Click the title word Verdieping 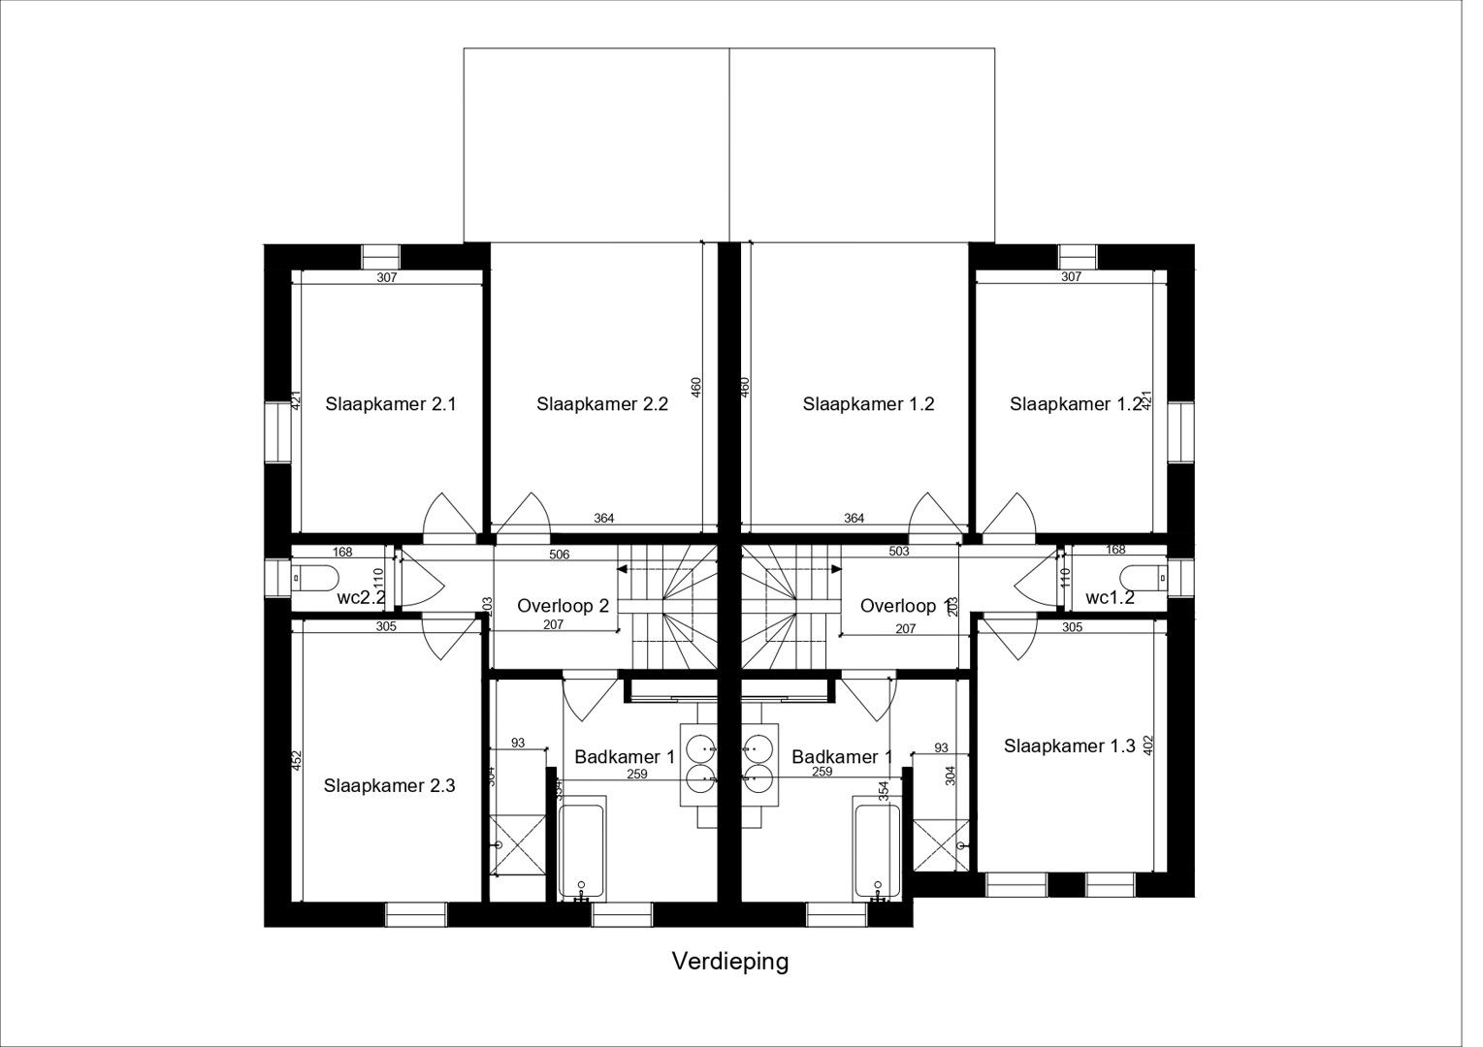click(730, 961)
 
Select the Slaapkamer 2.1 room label click(391, 403)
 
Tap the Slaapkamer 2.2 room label click(602, 404)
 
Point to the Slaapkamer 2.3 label click(389, 785)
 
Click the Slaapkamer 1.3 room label click(1069, 746)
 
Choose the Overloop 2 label click(563, 606)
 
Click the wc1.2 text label click(1110, 597)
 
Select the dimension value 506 click(559, 555)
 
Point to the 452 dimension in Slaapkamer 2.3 click(298, 761)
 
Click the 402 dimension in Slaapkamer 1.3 click(1149, 746)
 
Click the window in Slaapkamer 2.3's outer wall click(416, 914)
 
